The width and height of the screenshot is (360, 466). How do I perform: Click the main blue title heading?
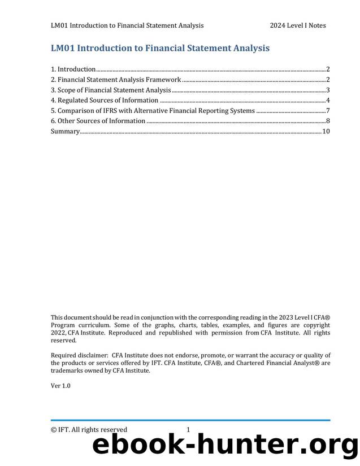point(160,48)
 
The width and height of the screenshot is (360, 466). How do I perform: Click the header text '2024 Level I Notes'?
point(297,25)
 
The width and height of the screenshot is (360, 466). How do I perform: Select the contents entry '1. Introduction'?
point(73,69)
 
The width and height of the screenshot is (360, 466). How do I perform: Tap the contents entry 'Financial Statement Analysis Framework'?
point(116,80)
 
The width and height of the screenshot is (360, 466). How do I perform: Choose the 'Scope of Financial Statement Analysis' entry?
point(111,90)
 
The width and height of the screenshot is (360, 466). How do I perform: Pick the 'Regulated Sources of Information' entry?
point(105,101)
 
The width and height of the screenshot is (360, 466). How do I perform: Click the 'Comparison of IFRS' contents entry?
point(153,111)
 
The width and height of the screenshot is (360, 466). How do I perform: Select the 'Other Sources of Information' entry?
point(98,121)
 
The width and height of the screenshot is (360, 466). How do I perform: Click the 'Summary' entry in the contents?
point(65,132)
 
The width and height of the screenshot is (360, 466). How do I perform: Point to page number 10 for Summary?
point(326,132)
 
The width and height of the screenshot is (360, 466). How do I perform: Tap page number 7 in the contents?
point(328,111)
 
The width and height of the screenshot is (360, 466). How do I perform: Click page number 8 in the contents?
point(328,121)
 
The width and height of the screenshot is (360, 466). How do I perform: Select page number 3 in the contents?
point(328,90)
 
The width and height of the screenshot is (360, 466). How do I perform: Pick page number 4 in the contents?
point(328,101)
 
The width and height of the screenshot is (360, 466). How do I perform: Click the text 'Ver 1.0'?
point(60,386)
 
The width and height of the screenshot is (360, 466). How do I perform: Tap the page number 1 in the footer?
point(188,430)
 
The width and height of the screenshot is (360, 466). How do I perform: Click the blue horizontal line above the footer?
point(190,420)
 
